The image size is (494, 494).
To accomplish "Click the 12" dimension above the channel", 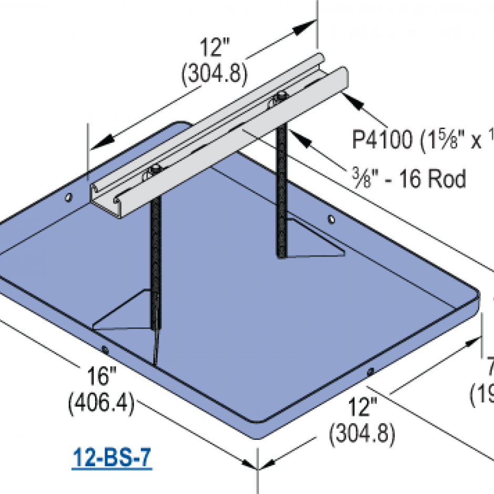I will pyautogui.click(x=214, y=50).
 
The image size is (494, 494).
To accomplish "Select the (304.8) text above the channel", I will pyautogui.click(x=214, y=74).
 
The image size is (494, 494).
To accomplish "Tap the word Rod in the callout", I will pyautogui.click(x=446, y=179).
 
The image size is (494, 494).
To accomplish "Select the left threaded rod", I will pyautogui.click(x=156, y=263).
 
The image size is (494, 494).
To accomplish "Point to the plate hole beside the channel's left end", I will pyautogui.click(x=68, y=197).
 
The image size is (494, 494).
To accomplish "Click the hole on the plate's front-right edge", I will pyautogui.click(x=371, y=372).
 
